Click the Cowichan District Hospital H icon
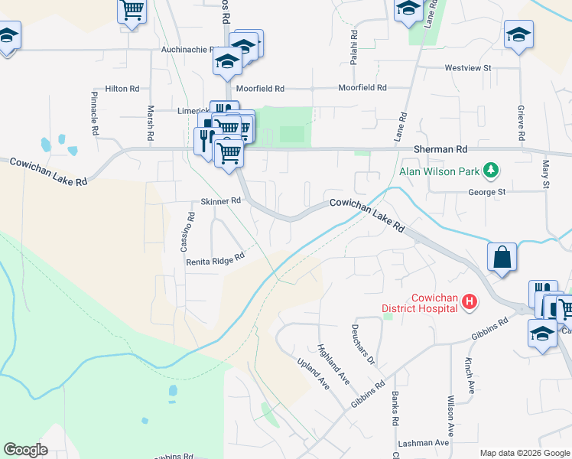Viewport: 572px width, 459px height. coord(470,304)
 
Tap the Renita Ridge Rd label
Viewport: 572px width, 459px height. coord(215,260)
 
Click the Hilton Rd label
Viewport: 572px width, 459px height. coord(122,89)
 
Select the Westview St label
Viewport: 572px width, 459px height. coord(468,68)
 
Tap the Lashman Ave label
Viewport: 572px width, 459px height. coord(423,443)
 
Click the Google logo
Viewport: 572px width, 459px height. coord(25,450)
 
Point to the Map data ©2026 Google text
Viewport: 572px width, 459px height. coord(524,453)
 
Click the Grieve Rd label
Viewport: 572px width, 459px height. coord(521,122)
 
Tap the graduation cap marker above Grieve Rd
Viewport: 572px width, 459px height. coord(518,34)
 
